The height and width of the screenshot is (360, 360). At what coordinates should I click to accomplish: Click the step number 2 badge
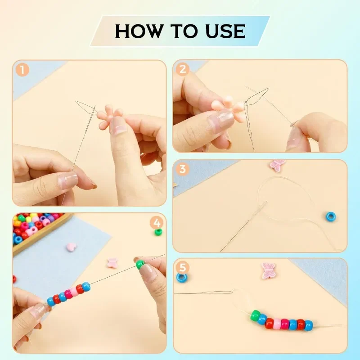[182, 69]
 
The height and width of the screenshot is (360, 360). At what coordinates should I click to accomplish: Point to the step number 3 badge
[182, 170]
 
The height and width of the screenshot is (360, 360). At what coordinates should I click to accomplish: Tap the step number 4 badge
[157, 222]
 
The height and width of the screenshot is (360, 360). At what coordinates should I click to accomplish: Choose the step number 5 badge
[182, 267]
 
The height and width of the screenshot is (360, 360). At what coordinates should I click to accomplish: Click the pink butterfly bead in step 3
[277, 164]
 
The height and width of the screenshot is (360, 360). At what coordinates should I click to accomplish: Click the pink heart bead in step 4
[71, 247]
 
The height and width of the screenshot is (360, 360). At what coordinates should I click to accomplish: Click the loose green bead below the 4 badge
[158, 232]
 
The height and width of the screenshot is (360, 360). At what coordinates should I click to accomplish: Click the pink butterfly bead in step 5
[268, 270]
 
